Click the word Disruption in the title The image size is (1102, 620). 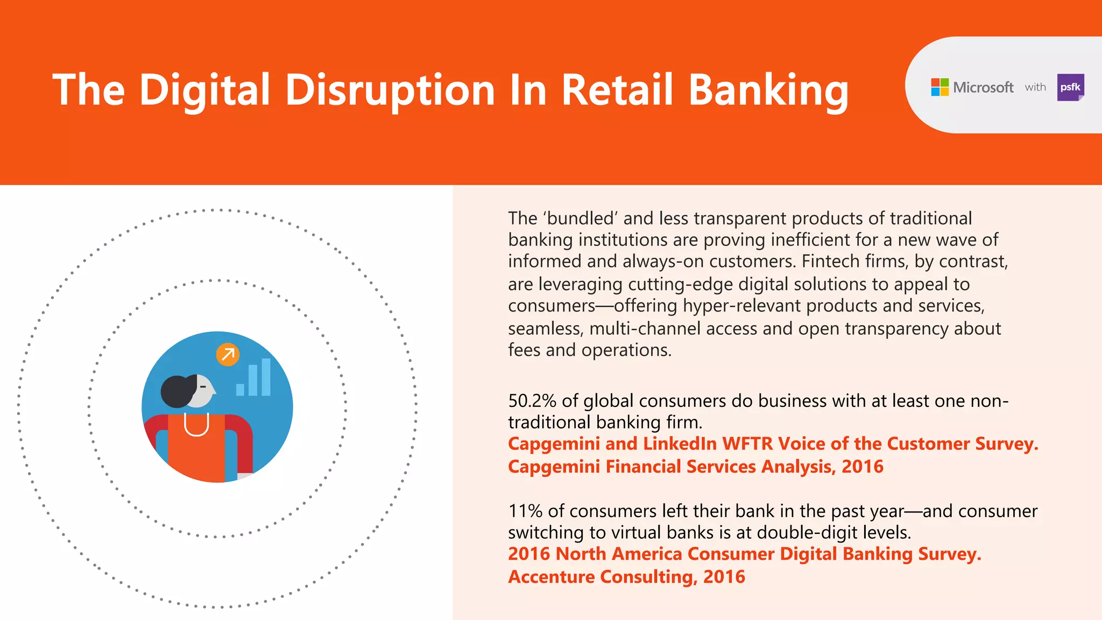click(390, 90)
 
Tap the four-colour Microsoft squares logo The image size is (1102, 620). click(939, 87)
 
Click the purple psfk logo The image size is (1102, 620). click(1070, 87)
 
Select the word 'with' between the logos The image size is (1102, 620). click(1035, 87)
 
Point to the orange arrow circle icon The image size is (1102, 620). click(228, 355)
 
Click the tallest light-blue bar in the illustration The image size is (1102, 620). click(266, 377)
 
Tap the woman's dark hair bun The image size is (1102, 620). click(177, 391)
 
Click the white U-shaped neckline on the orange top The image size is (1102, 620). click(196, 426)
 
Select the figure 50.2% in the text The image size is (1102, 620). click(532, 401)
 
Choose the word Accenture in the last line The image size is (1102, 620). click(552, 577)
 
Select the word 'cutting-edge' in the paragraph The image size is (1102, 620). click(680, 284)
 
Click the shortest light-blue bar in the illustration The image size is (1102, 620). click(240, 390)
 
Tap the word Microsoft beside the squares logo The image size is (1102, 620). click(983, 87)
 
